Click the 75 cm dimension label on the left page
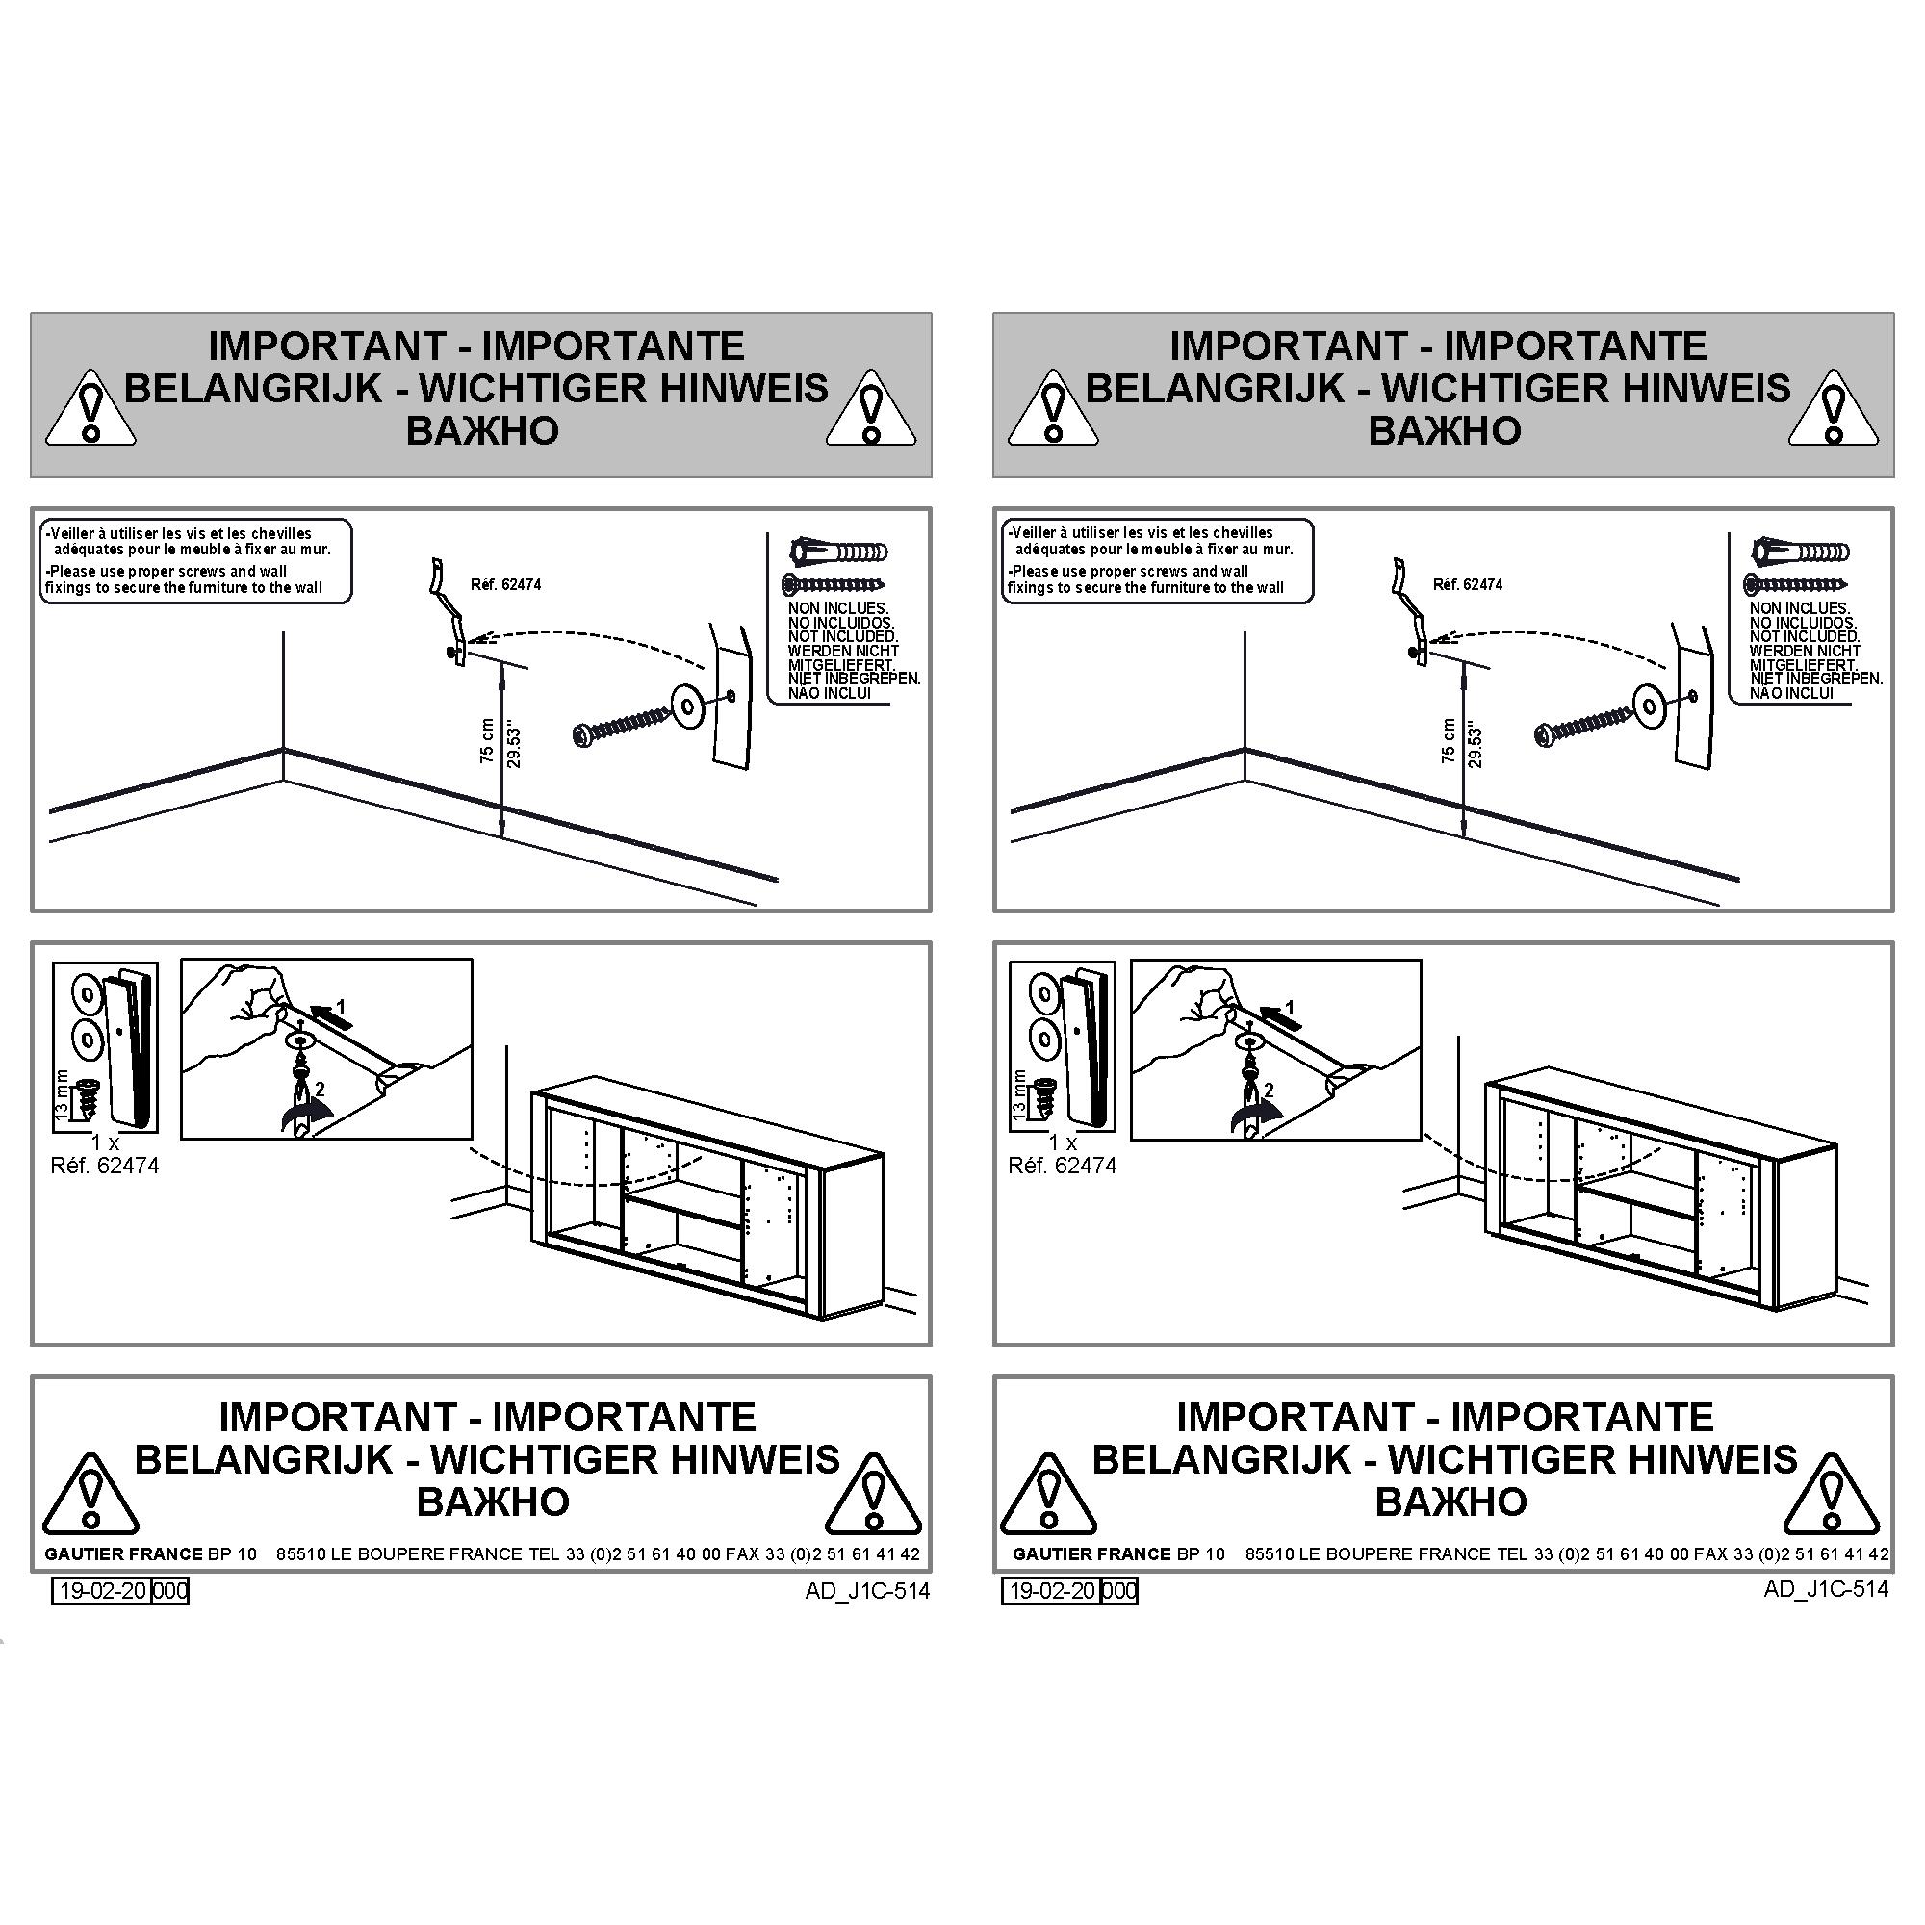486,740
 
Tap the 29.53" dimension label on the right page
1476,747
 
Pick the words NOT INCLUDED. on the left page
842,635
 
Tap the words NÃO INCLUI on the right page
1790,692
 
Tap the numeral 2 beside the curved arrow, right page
1269,1091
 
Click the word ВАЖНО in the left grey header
482,430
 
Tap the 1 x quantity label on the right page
1064,1142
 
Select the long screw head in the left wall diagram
585,736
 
